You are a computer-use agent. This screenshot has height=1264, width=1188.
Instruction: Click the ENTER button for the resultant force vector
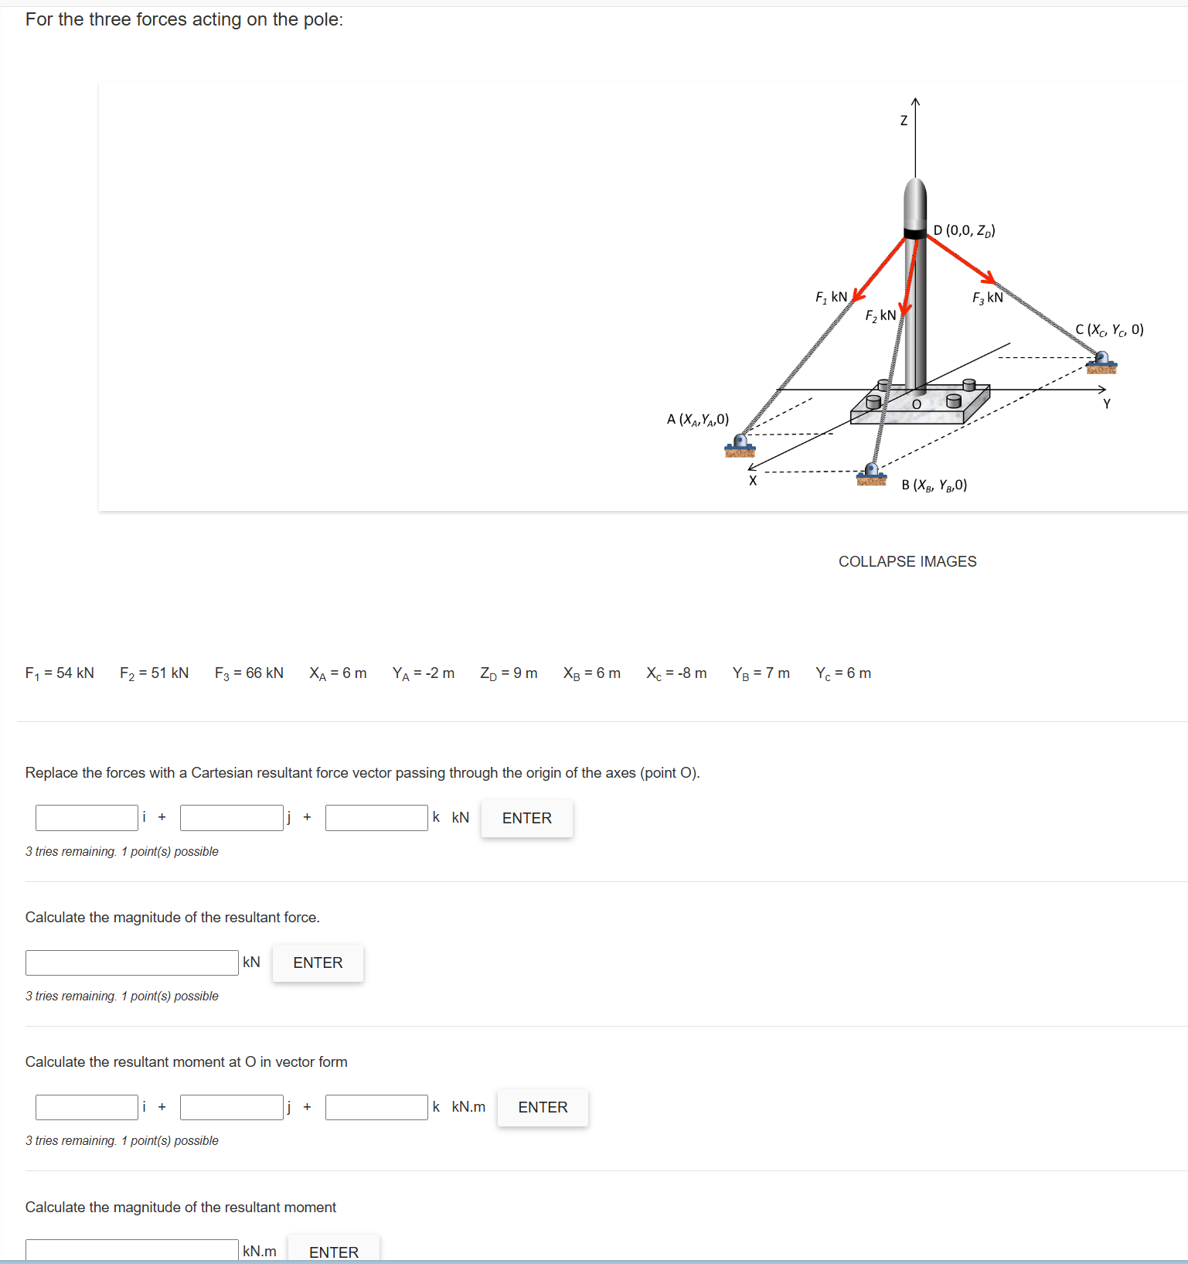[x=526, y=818]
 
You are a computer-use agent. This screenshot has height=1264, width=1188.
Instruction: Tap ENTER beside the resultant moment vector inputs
[x=543, y=1107]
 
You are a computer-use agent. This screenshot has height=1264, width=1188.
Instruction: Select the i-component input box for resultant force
[x=87, y=818]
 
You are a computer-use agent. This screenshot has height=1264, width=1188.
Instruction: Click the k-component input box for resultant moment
[x=376, y=1107]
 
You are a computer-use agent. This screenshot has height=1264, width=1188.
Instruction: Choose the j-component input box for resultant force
[x=231, y=818]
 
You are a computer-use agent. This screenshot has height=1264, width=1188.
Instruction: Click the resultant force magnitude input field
[x=132, y=962]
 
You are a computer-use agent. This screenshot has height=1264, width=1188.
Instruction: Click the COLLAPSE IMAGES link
[x=907, y=561]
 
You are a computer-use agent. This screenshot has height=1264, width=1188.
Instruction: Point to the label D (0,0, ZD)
[x=964, y=230]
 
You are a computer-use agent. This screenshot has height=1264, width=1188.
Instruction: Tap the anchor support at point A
[x=740, y=445]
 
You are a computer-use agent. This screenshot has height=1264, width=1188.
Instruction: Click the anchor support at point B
[x=871, y=474]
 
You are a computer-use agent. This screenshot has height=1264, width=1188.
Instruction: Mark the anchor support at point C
[x=1101, y=362]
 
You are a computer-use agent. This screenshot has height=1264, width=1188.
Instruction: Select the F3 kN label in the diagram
[x=987, y=298]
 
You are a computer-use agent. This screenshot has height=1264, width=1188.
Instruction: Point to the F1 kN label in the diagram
[x=831, y=297]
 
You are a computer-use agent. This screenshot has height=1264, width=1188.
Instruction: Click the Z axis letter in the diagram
[x=904, y=121]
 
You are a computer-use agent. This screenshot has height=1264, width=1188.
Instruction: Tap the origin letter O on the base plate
[x=917, y=404]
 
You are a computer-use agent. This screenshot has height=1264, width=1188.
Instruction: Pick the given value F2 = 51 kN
[x=154, y=673]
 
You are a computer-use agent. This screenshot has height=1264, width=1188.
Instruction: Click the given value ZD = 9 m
[x=509, y=673]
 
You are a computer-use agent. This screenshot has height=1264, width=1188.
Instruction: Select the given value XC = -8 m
[x=676, y=673]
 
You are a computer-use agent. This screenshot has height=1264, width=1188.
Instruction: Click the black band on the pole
[x=915, y=233]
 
